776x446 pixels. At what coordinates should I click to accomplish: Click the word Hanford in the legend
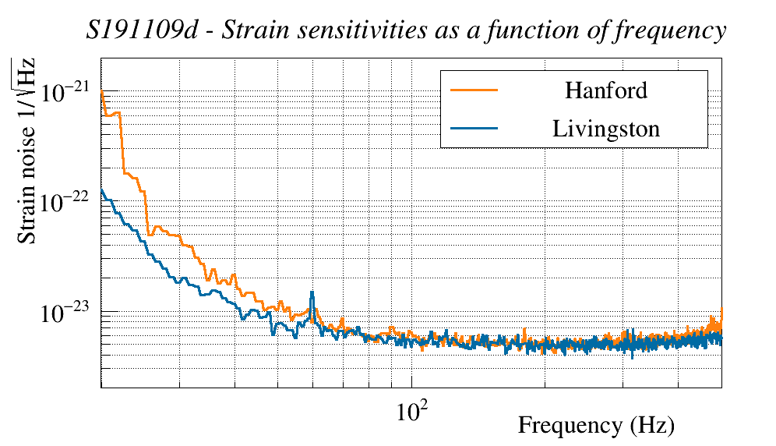[605, 90]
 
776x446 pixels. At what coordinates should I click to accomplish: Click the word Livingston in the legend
[606, 129]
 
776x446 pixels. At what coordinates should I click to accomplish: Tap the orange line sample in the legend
[474, 90]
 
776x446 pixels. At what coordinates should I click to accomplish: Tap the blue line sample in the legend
[474, 129]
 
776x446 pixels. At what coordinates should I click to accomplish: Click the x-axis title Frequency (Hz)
[596, 426]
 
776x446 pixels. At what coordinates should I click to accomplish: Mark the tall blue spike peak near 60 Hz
[312, 292]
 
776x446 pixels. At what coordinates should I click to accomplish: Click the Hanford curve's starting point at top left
[102, 92]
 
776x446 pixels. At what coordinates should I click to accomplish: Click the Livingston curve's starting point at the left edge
[102, 189]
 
